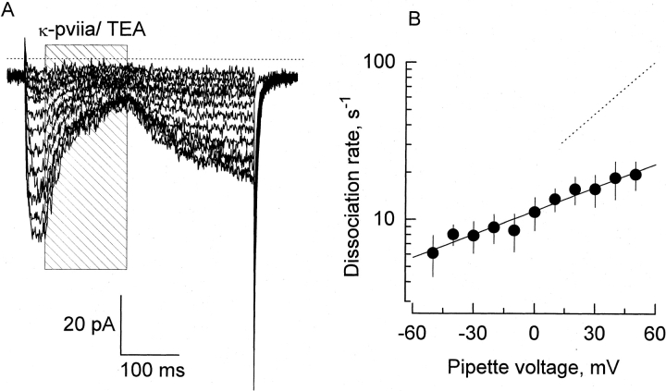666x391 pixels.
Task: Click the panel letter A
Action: coord(8,9)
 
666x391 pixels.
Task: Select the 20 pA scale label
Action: coord(89,324)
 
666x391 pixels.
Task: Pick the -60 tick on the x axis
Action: coord(413,332)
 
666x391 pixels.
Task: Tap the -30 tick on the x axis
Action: coord(474,332)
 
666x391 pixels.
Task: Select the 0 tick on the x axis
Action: coord(535,332)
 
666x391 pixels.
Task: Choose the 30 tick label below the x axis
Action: coord(595,332)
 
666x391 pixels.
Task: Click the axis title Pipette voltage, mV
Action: coord(534,366)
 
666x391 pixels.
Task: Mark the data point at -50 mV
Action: coord(433,252)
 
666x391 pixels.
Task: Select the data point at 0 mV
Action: coord(535,212)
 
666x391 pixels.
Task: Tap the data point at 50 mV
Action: coord(635,175)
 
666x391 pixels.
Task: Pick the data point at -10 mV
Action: coord(514,230)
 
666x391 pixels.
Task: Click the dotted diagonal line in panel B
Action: coord(608,104)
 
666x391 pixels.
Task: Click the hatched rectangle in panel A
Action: coord(86,185)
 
